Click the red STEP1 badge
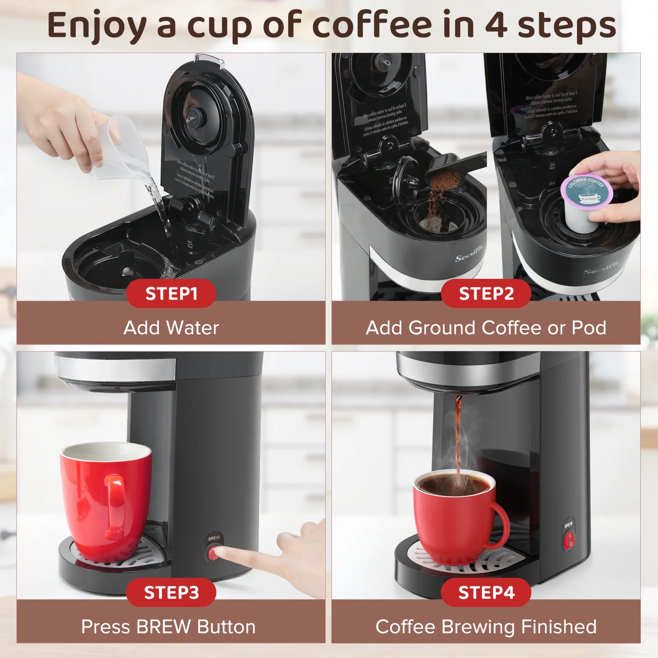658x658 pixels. [x=171, y=294]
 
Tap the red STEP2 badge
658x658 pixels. [x=486, y=294]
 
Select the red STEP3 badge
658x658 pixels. [x=171, y=592]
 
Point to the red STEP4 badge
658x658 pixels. [x=486, y=592]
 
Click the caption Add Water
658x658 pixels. [x=171, y=328]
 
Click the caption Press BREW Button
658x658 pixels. [x=168, y=627]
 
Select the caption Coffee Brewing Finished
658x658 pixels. [x=486, y=627]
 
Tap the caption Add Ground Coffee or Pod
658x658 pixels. [x=486, y=328]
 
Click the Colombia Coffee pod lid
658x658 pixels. [x=586, y=191]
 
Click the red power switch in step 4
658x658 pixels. [x=569, y=540]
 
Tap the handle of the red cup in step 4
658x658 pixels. [x=500, y=526]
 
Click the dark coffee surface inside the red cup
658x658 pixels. [x=454, y=484]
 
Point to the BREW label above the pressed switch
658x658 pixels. [x=214, y=538]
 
